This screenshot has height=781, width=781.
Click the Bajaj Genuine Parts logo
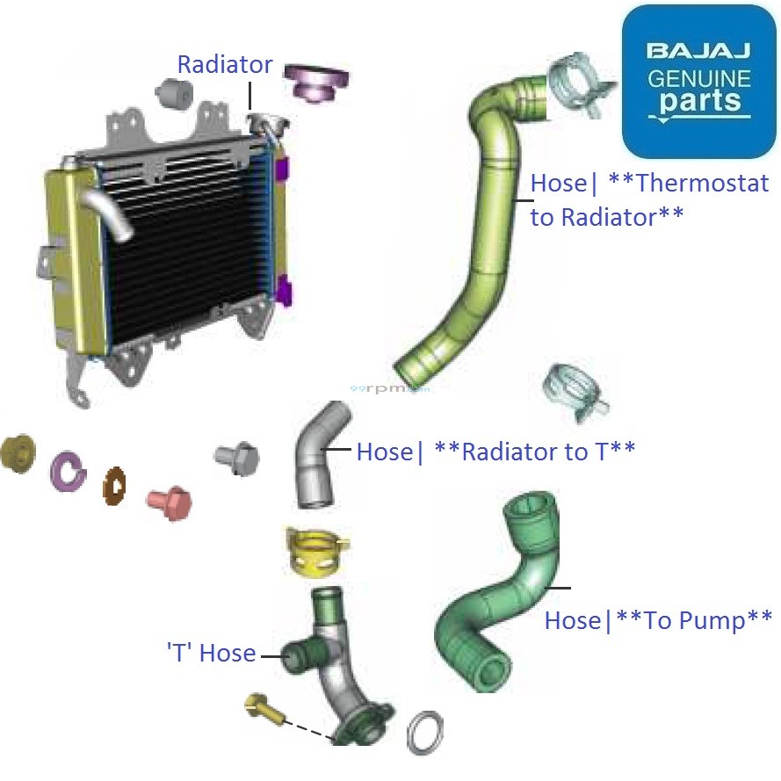[x=698, y=81]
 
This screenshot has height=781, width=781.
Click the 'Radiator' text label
[x=225, y=65]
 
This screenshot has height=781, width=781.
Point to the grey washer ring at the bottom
[x=424, y=731]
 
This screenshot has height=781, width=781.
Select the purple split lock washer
[x=68, y=472]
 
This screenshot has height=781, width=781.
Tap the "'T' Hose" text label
[x=211, y=653]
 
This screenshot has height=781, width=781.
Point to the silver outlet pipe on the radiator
[x=109, y=211]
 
